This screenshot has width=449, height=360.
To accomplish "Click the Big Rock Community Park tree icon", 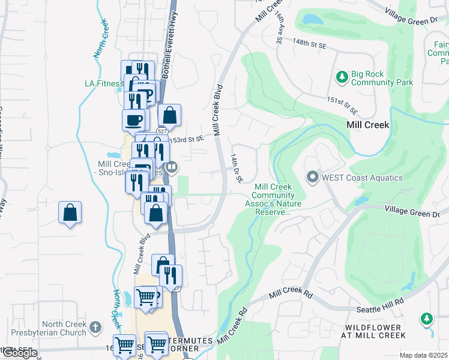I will (x=342, y=77).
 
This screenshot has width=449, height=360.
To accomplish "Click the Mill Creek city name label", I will (x=368, y=125).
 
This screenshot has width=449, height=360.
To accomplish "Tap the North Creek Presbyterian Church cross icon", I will (x=95, y=327).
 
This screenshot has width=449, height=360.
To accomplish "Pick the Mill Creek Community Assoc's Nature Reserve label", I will (x=273, y=199).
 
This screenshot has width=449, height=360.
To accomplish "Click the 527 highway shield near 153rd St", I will (x=161, y=131).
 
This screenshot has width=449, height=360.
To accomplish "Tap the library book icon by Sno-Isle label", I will (x=172, y=167).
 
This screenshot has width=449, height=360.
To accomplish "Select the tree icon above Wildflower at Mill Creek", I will (x=427, y=318).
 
